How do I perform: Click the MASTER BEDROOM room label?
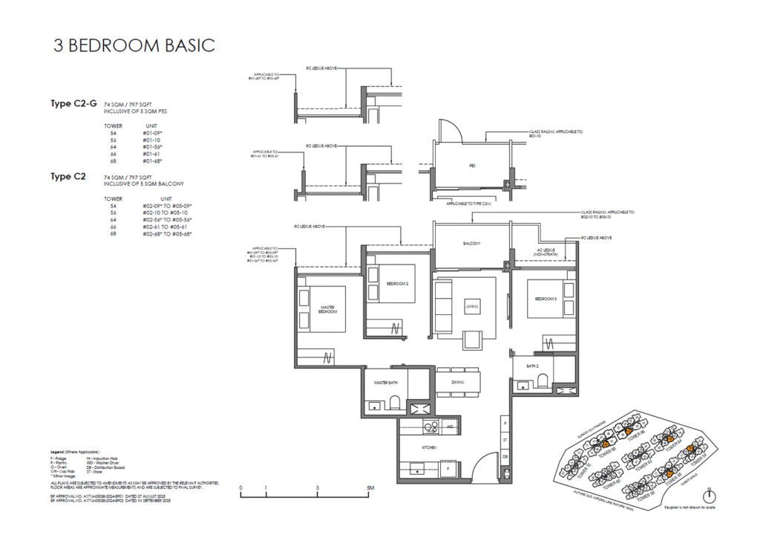pos(329,309)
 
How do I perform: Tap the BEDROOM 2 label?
pos(399,282)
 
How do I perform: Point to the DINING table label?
pos(458,382)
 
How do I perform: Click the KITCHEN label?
pos(429,447)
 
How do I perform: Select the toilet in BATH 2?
pos(543,380)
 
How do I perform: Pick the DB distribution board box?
pos(505,456)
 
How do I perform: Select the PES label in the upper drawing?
pos(472,166)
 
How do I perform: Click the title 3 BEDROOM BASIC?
pos(134,45)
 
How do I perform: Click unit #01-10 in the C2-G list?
pos(151,140)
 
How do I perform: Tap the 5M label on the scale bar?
pos(370,487)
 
